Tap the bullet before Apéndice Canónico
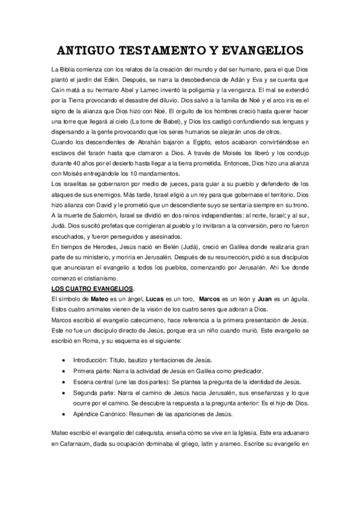click(64, 415)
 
